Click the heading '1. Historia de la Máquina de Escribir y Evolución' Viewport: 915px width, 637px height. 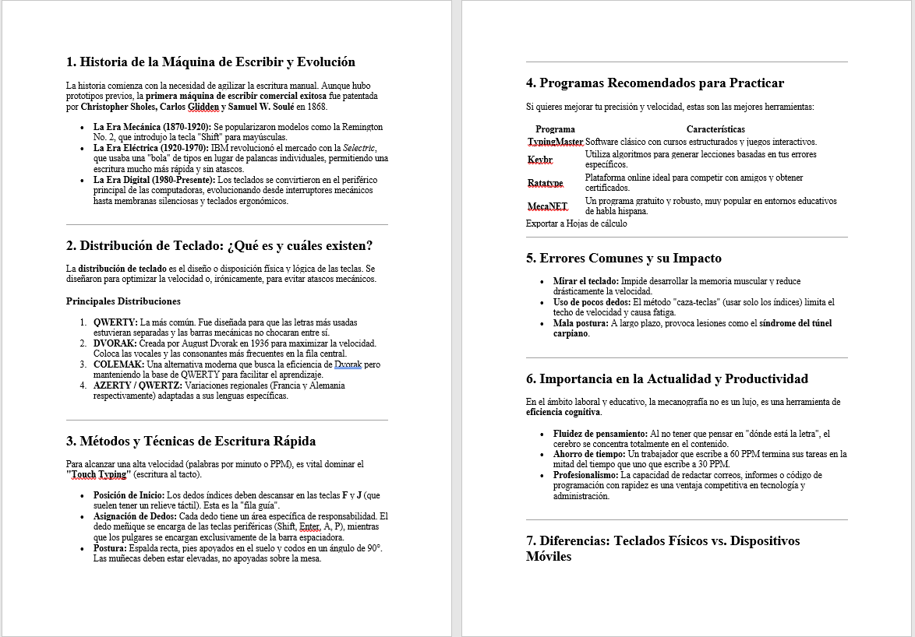[x=210, y=62]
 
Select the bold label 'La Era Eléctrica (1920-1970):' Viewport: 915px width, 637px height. [x=151, y=147]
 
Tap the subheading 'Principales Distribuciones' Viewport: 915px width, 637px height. [x=123, y=301]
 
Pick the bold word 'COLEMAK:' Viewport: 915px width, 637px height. [x=118, y=364]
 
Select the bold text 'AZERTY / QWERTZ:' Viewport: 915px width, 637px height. [x=138, y=385]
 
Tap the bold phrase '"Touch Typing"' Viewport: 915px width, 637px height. [x=97, y=474]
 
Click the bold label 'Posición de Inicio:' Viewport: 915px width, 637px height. [x=129, y=494]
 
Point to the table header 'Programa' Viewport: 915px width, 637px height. [x=556, y=129]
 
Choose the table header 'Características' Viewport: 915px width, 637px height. [x=715, y=129]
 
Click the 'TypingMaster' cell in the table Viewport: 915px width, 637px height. [x=555, y=142]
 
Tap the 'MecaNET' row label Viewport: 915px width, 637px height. [x=547, y=206]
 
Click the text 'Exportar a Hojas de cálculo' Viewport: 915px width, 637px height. [x=576, y=223]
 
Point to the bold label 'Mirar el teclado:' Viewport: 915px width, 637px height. [x=586, y=281]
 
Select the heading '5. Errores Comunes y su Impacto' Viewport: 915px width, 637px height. [x=624, y=259]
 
